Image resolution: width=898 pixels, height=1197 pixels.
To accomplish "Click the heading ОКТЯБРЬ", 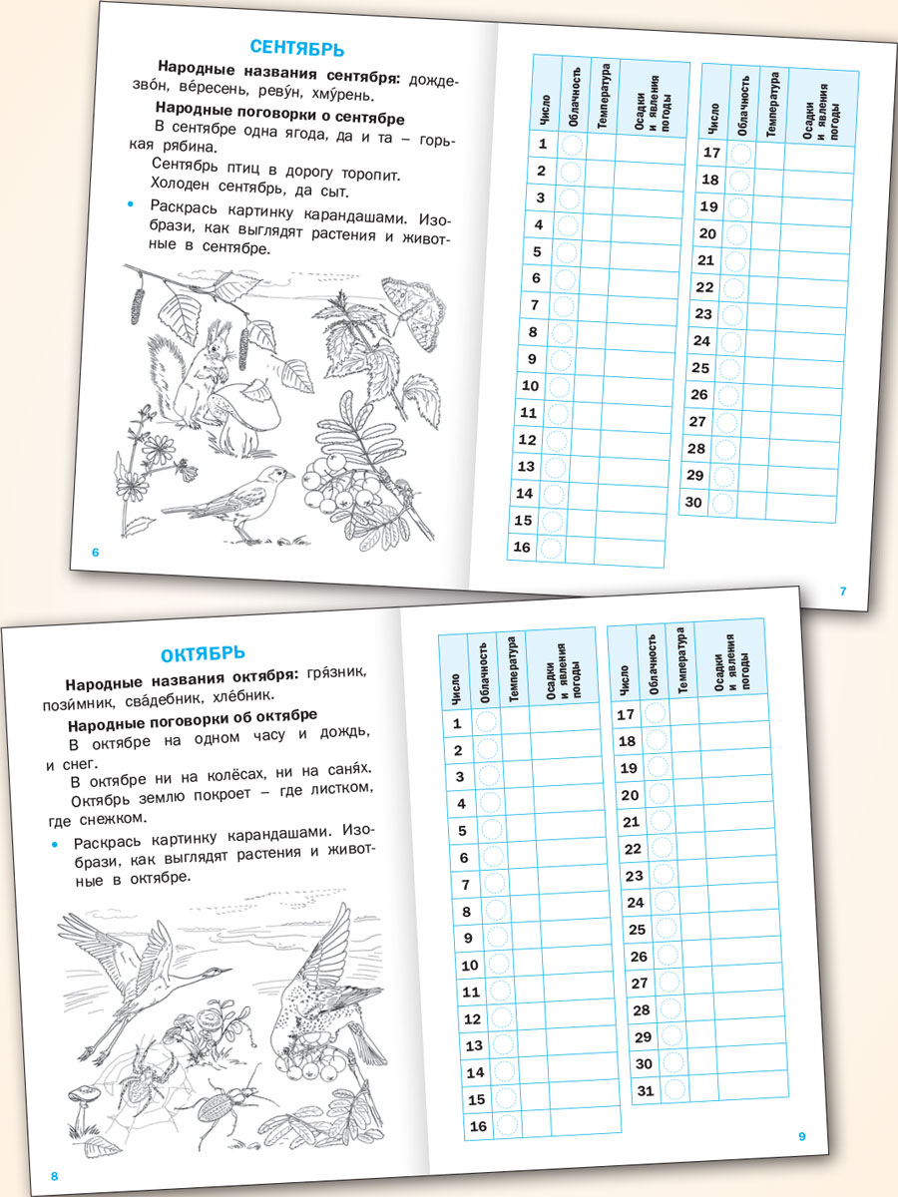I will (203, 654).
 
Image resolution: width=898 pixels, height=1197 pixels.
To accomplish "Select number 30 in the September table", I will (694, 502).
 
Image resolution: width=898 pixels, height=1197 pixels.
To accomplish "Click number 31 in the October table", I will (646, 1090).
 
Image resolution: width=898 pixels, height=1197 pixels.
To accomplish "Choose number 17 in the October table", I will (626, 714).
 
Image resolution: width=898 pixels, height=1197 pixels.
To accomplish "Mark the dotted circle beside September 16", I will (549, 547).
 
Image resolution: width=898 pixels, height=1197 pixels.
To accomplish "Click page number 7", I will (843, 591).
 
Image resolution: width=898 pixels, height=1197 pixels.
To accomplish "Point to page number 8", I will (55, 1176).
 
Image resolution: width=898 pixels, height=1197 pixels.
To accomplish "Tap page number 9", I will (801, 1136).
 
